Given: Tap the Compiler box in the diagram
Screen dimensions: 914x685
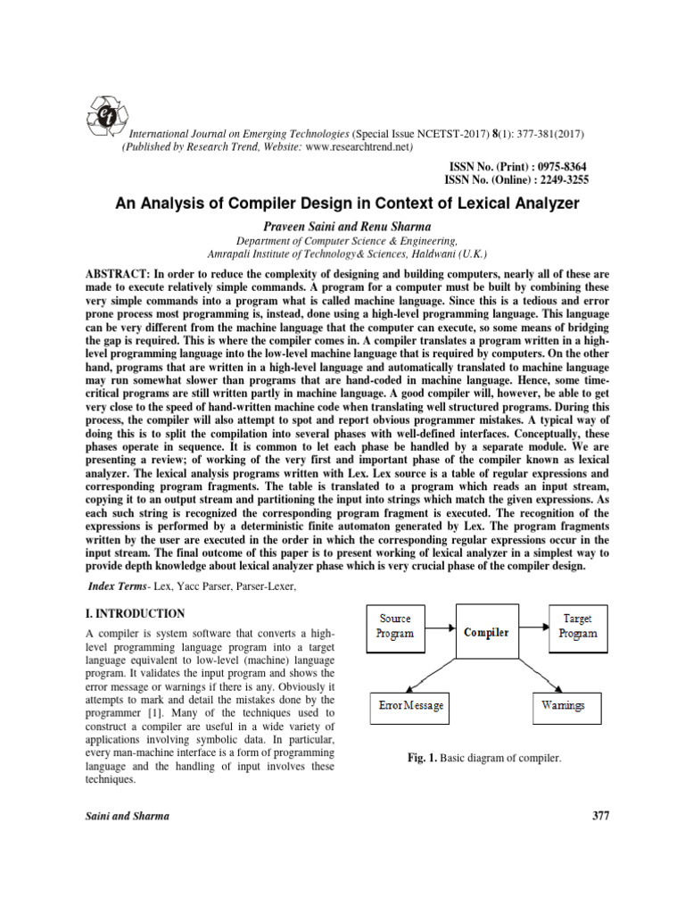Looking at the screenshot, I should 486,632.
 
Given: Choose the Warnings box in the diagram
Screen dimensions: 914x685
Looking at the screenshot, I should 564,706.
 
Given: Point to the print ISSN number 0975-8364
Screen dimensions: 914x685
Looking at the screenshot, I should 557,167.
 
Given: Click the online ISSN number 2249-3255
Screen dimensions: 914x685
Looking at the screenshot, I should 557,179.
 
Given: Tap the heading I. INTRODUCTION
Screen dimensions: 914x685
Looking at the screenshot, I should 135,613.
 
